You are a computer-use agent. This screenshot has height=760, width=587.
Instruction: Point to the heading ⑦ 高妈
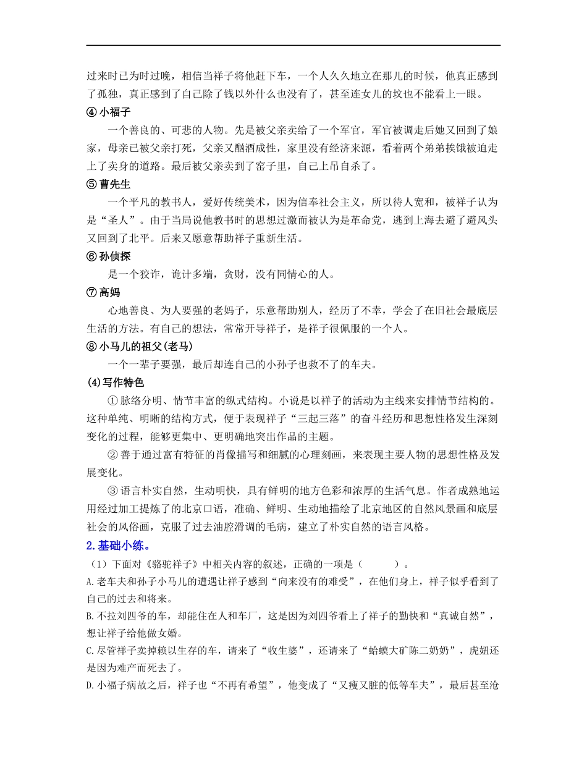[x=104, y=293]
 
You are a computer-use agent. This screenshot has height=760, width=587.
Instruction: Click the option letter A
[x=90, y=581]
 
